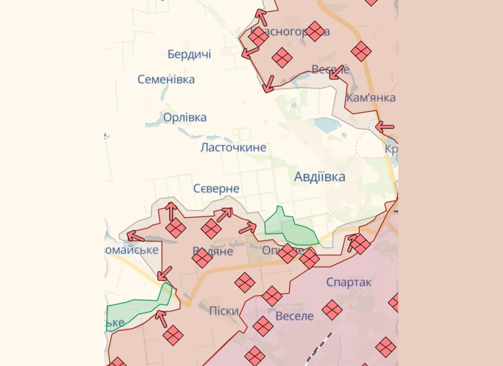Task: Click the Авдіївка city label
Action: [319, 177]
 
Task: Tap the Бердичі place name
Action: [189, 54]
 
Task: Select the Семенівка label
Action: [166, 79]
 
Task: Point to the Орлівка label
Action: [185, 118]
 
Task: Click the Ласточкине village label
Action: [233, 147]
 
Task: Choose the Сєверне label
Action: [216, 189]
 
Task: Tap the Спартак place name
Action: [349, 282]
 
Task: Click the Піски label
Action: [224, 311]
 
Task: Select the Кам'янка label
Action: [371, 98]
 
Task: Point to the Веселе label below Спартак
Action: [294, 316]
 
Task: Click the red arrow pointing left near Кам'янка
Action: [384, 127]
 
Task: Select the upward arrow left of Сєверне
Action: [171, 211]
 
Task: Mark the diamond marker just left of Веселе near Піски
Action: [263, 326]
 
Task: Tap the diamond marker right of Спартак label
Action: [394, 302]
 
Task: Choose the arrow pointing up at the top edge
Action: [261, 17]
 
